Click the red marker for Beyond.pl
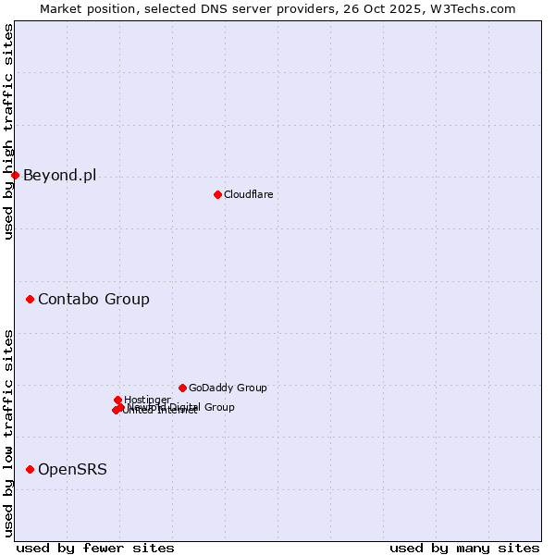[15, 175]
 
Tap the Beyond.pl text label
[59, 175]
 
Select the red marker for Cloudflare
[217, 194]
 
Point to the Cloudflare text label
[248, 194]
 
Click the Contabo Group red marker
[30, 299]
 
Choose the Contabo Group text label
[93, 299]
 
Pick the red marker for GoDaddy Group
[182, 388]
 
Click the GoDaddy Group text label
[228, 388]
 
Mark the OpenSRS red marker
[30, 469]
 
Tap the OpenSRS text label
[72, 469]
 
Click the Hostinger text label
[147, 400]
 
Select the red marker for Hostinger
[117, 400]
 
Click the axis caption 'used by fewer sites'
[95, 548]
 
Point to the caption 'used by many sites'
[464, 548]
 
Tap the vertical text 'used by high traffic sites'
[8, 131]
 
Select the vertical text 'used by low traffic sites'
[8, 433]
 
